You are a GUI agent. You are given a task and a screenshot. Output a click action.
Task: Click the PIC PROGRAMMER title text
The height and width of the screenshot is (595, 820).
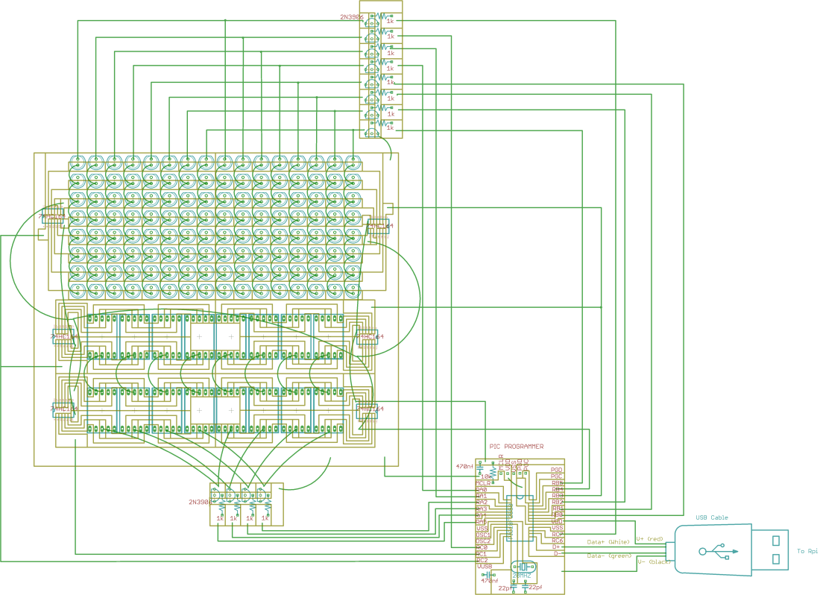pyautogui.click(x=516, y=447)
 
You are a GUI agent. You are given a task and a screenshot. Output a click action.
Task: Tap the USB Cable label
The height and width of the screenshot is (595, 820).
pyautogui.click(x=712, y=517)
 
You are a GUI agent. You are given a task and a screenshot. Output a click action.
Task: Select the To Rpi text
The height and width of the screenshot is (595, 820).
pyautogui.click(x=807, y=551)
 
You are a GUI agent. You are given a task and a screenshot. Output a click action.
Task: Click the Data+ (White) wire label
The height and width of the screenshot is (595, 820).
pyautogui.click(x=608, y=541)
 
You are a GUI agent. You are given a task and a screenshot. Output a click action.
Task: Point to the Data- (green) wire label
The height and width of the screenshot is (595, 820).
pyautogui.click(x=609, y=555)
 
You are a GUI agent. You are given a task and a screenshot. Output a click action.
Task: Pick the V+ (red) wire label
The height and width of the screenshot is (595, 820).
pyautogui.click(x=649, y=538)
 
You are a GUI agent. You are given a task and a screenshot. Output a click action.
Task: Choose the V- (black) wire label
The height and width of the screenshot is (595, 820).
pyautogui.click(x=654, y=561)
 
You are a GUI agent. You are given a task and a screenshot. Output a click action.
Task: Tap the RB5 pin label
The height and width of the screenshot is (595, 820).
pyautogui.click(x=557, y=483)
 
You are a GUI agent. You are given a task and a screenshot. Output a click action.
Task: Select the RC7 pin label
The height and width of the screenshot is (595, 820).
pyautogui.click(x=557, y=534)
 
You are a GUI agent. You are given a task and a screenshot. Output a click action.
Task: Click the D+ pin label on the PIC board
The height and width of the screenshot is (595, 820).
pyautogui.click(x=557, y=547)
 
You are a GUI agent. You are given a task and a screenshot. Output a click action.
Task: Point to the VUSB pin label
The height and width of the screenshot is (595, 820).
pyautogui.click(x=485, y=567)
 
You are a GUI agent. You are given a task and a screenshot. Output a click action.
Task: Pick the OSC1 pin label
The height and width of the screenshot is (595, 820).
pyautogui.click(x=483, y=534)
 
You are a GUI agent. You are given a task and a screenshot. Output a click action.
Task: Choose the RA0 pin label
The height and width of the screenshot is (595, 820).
pyautogui.click(x=482, y=490)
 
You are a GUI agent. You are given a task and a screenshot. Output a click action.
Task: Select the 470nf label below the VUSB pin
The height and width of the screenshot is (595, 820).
pyautogui.click(x=489, y=580)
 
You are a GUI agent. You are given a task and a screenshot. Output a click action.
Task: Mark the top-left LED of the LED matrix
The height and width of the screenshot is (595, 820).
pyautogui.click(x=78, y=161)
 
